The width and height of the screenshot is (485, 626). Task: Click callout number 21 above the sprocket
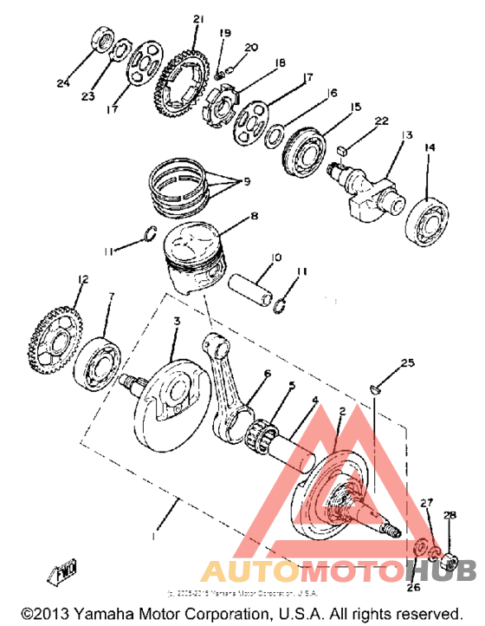pyautogui.click(x=197, y=19)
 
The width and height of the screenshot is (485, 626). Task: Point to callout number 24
pyautogui.click(x=62, y=83)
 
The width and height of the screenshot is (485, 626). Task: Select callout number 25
pyautogui.click(x=408, y=361)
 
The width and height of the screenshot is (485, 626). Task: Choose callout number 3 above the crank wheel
pyautogui.click(x=176, y=322)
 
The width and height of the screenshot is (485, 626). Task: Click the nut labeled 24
pyautogui.click(x=100, y=40)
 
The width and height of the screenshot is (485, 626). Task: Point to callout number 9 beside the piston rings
pyautogui.click(x=246, y=181)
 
